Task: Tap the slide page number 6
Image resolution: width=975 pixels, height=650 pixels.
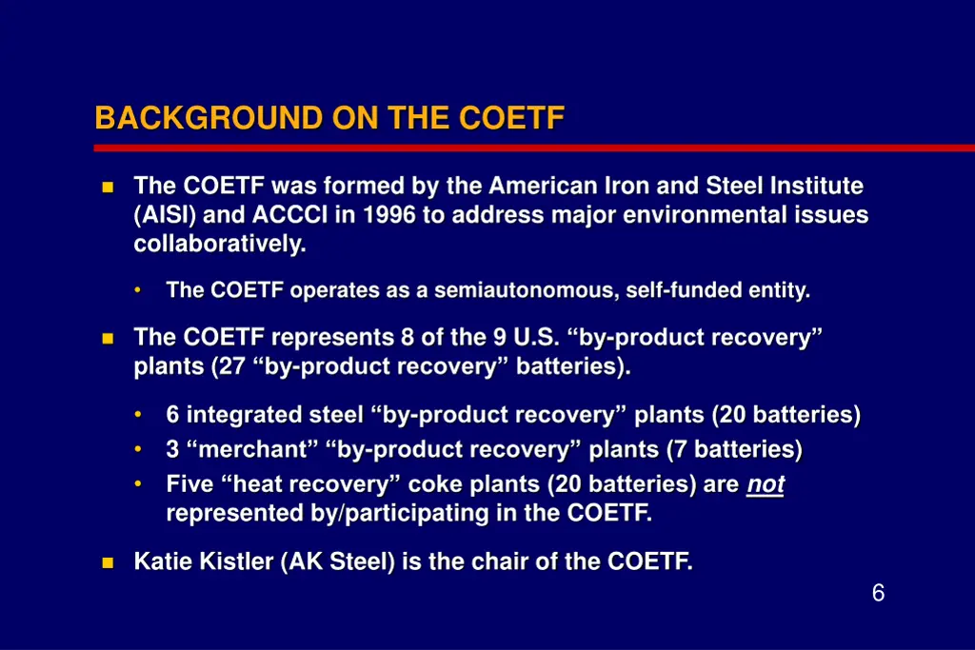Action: (x=878, y=594)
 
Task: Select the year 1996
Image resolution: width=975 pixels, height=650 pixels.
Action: (x=388, y=215)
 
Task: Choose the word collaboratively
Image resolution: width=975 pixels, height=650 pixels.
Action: (x=220, y=245)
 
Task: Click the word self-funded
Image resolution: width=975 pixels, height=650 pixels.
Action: (x=686, y=291)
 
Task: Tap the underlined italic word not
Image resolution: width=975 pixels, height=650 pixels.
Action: (x=766, y=485)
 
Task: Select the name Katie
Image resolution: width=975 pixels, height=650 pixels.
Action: (x=163, y=561)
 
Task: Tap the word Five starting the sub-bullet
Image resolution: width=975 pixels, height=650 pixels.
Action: (x=189, y=485)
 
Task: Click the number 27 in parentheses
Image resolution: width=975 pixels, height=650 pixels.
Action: (x=232, y=367)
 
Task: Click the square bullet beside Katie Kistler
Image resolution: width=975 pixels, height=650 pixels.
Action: (x=108, y=562)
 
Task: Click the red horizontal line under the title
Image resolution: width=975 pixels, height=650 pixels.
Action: (x=533, y=148)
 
